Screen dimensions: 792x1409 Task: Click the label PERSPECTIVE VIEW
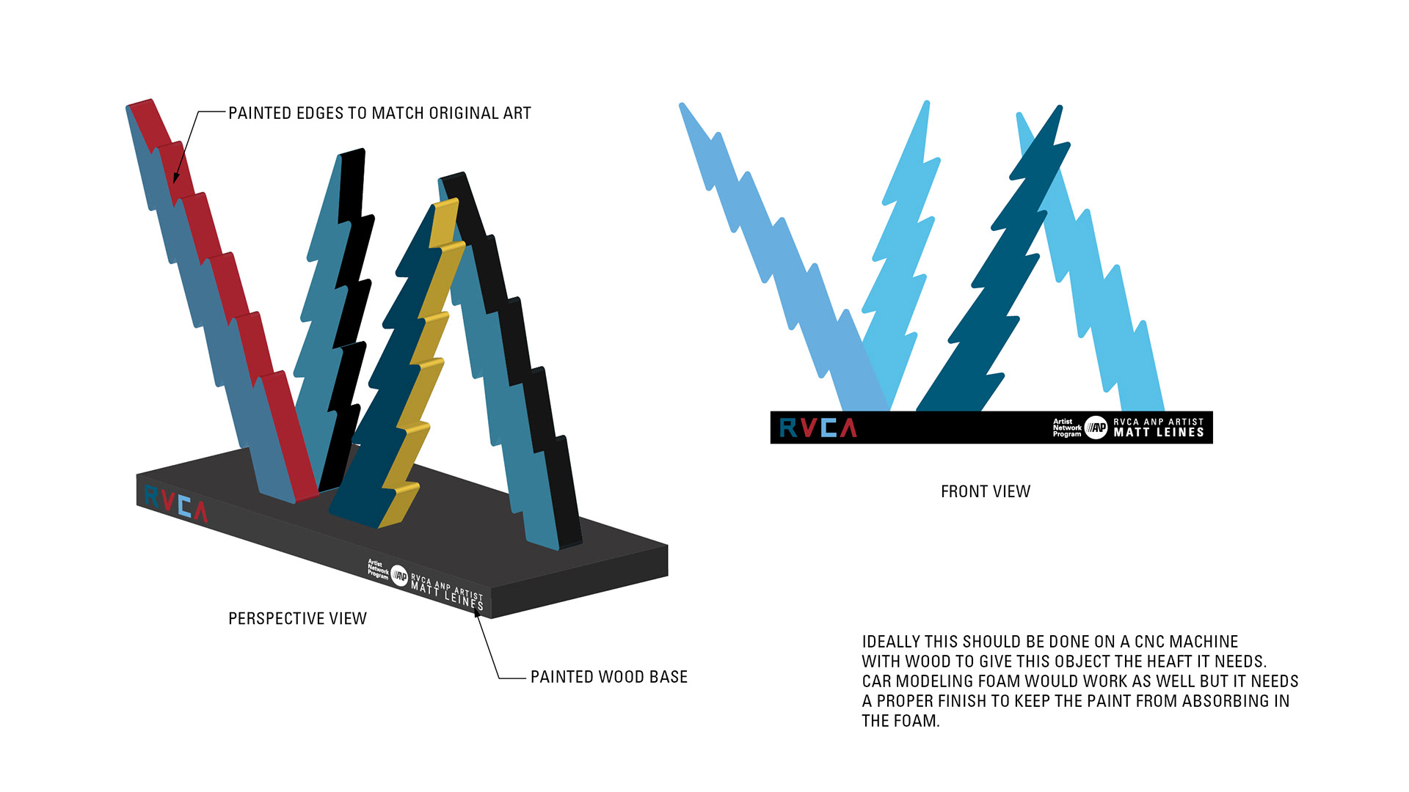(297, 619)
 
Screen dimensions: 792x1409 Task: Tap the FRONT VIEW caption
(986, 492)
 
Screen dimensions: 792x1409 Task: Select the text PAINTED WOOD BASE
(609, 677)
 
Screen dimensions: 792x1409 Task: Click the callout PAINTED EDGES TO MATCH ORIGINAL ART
(379, 114)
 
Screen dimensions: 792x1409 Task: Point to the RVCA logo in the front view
(818, 428)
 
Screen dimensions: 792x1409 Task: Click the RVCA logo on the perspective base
(176, 503)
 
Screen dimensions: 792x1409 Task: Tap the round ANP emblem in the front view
(1096, 428)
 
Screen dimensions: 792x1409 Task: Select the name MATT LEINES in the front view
(1159, 433)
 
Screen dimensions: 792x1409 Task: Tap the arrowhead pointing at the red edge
(176, 177)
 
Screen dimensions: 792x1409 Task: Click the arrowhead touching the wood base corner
(477, 613)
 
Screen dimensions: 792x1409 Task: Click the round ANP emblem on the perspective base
(398, 576)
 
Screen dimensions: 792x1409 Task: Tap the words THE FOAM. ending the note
(900, 722)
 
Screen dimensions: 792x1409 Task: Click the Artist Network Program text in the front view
(1066, 428)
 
